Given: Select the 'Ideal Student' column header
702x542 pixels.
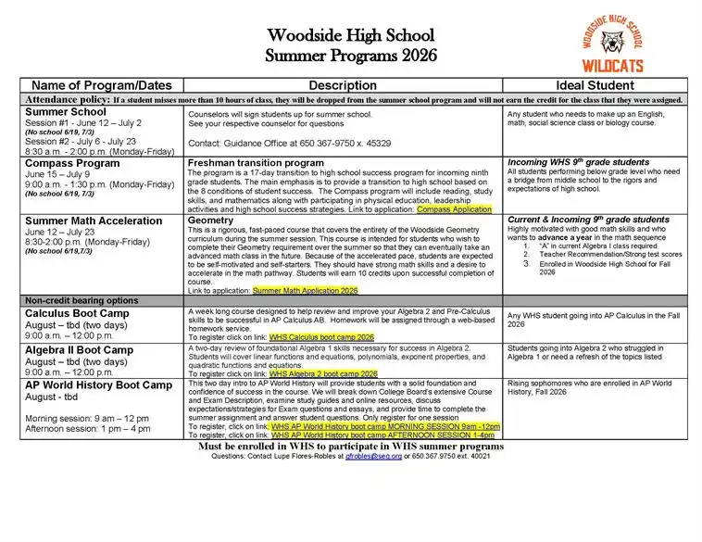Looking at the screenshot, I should point(595,85).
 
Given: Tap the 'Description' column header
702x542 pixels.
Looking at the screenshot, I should point(343,85).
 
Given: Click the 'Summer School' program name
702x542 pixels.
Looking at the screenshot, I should point(66,112).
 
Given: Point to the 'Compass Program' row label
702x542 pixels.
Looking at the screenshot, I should point(72,163).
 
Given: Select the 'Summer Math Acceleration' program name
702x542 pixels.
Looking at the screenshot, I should point(94,221).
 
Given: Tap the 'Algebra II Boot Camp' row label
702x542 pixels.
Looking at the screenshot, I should point(80,350).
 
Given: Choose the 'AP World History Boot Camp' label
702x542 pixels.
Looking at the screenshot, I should point(99,384).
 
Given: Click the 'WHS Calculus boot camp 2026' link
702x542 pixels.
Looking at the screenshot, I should point(321,337).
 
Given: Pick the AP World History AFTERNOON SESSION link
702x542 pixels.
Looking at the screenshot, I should point(390,435).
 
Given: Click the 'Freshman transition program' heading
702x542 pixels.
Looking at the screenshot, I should point(256,162).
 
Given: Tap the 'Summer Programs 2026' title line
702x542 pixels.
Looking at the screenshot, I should point(350,55).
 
